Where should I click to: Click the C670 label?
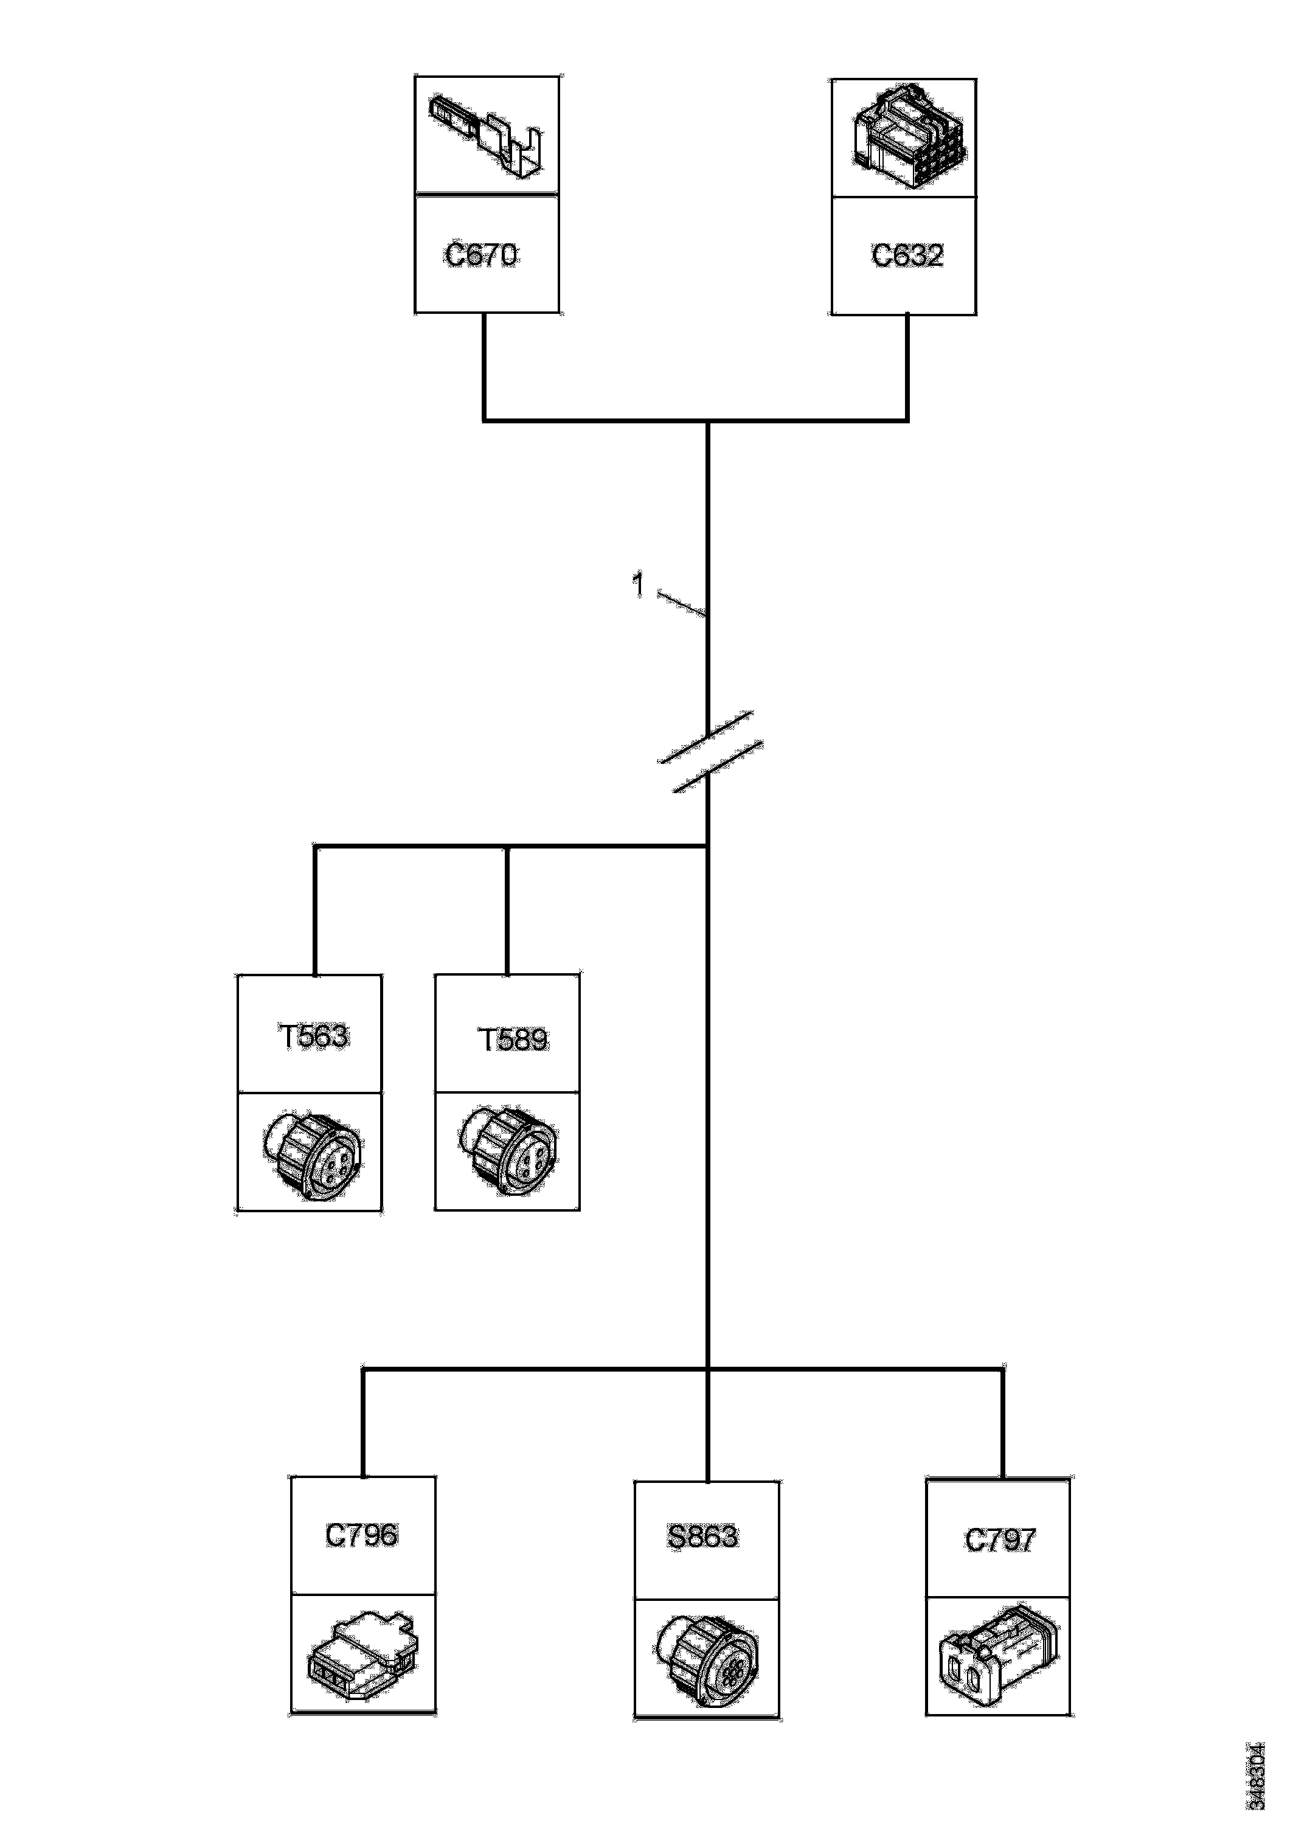(481, 255)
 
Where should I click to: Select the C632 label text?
(907, 255)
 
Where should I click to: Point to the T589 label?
(512, 1039)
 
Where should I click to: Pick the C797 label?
(1000, 1540)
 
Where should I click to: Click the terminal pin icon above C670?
(486, 136)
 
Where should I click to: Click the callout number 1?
(637, 586)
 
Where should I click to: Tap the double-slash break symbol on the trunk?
(710, 752)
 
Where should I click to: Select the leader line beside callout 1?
(682, 604)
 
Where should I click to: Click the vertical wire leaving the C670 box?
(484, 366)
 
